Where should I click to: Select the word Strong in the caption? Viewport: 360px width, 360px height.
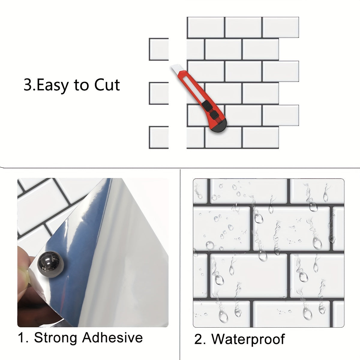coord(56,337)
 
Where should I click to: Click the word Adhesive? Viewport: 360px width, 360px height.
coord(112,337)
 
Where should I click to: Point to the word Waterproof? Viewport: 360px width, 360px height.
coord(248,339)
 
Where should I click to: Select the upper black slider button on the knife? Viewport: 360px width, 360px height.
coord(207,105)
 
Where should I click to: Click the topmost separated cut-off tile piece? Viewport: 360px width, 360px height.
coord(159,49)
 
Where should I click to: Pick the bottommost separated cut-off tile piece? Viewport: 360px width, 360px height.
coord(159,137)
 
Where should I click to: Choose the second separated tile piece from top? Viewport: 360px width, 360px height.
coord(159,94)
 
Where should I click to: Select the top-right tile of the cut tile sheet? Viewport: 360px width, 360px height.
coord(281,27)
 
